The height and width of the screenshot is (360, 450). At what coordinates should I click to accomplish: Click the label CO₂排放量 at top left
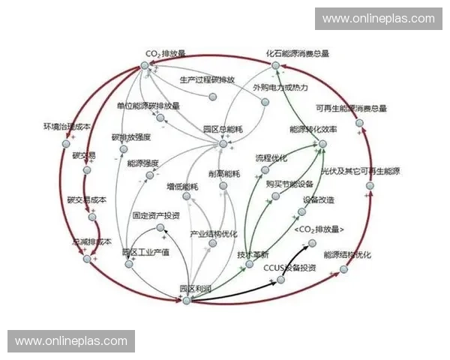[x=165, y=54]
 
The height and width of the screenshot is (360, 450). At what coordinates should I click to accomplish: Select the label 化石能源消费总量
[x=298, y=54]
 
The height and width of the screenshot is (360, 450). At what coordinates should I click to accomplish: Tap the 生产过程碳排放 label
[x=208, y=79]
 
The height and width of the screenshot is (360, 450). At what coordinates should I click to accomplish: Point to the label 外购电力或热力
[x=280, y=88]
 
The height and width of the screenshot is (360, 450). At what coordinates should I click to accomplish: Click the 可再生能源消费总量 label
[x=351, y=108]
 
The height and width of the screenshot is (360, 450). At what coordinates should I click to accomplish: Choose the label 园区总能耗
[x=223, y=130]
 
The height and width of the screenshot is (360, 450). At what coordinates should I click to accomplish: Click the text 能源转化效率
[x=313, y=130]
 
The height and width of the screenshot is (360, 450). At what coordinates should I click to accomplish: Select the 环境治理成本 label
[x=67, y=127]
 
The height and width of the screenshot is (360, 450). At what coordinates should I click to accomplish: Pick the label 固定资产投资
[x=156, y=215]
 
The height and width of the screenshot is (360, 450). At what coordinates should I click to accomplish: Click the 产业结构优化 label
[x=214, y=233]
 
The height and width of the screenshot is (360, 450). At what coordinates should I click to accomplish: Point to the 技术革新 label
[x=253, y=254]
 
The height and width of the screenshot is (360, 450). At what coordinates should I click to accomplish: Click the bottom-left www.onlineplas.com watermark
[x=71, y=340]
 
